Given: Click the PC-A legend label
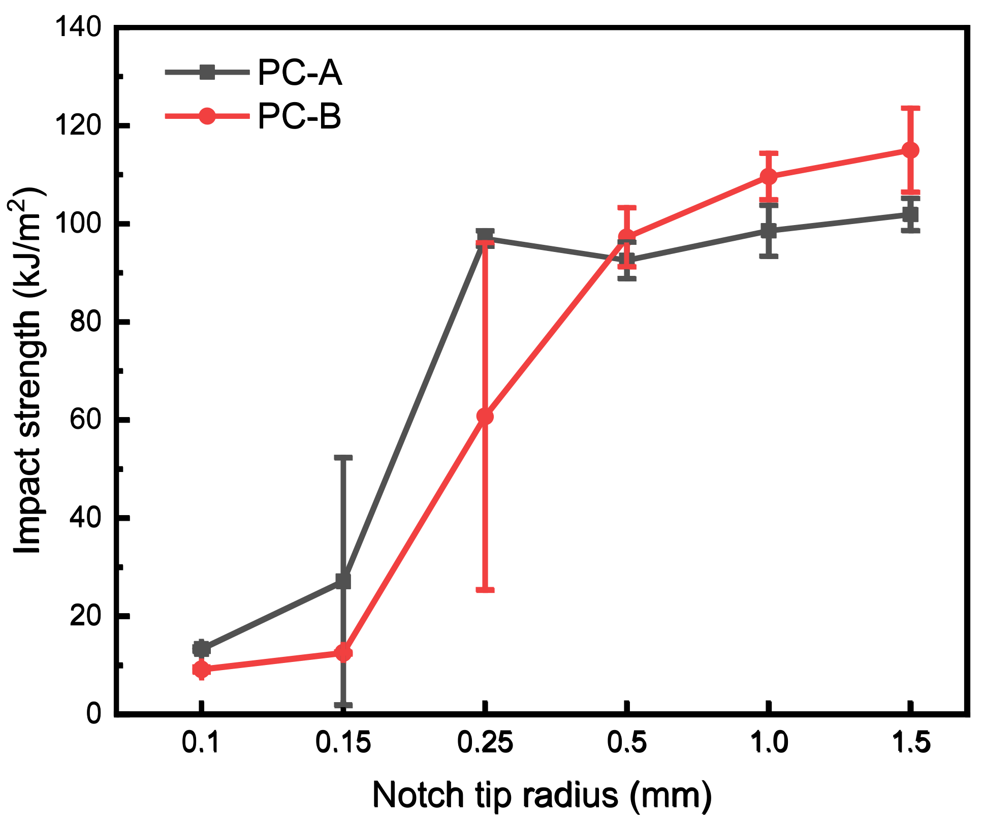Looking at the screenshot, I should click(299, 73).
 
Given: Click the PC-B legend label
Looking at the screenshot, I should click(299, 116).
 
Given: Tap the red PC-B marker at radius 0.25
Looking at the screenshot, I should click(485, 417).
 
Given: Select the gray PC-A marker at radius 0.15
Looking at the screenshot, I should click(343, 581).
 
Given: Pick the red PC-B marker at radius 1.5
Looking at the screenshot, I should click(910, 150).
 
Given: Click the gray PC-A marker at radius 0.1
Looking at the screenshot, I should click(202, 649).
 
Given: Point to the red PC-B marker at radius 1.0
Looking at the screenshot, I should click(769, 176).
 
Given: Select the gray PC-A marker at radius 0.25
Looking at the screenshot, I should click(485, 237).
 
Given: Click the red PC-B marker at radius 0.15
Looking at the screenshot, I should click(343, 653).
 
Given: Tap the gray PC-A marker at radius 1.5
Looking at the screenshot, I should click(910, 214).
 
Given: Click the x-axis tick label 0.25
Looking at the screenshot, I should click(485, 743).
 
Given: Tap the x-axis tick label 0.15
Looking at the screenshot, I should click(343, 743).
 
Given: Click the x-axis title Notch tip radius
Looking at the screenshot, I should click(542, 795).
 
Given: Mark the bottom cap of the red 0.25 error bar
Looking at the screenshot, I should click(485, 590).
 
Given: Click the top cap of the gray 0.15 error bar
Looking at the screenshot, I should click(343, 458).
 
